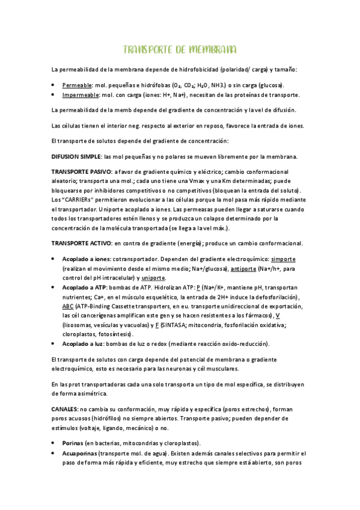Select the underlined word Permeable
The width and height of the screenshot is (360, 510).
(78, 85)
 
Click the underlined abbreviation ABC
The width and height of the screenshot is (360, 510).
(68, 306)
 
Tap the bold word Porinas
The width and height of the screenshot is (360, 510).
(75, 443)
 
